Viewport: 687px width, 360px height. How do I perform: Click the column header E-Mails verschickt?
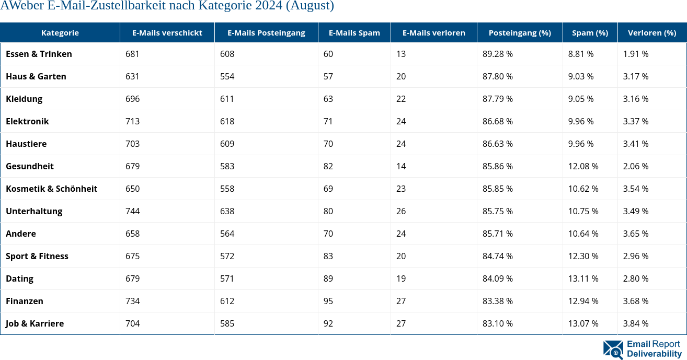pyautogui.click(x=167, y=32)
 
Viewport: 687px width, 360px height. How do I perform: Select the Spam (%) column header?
pyautogui.click(x=590, y=32)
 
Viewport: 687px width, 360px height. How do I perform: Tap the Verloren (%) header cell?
pyautogui.click(x=651, y=32)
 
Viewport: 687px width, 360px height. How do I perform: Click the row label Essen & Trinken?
pyautogui.click(x=39, y=54)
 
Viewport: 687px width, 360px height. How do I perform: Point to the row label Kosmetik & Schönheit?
pyautogui.click(x=51, y=189)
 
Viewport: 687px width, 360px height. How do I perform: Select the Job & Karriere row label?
pyautogui.click(x=35, y=323)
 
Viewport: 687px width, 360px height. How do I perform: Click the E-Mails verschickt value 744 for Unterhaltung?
pyautogui.click(x=133, y=211)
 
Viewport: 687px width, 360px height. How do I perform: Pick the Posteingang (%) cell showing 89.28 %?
pyautogui.click(x=497, y=54)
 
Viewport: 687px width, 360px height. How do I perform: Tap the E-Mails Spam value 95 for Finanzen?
pyautogui.click(x=328, y=301)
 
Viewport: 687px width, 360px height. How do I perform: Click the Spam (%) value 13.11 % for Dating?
pyautogui.click(x=583, y=278)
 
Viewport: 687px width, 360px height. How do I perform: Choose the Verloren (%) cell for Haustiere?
pyautogui.click(x=635, y=144)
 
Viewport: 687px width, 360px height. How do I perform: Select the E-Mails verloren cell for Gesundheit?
pyautogui.click(x=401, y=166)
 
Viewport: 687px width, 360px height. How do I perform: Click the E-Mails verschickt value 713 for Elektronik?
pyautogui.click(x=133, y=121)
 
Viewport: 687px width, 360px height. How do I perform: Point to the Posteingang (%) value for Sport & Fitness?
pyautogui.click(x=497, y=256)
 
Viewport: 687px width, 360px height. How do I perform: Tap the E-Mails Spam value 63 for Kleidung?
pyautogui.click(x=328, y=99)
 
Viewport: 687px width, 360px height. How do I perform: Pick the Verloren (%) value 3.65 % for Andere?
pyautogui.click(x=635, y=234)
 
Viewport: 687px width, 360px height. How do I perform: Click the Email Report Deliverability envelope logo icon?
pyautogui.click(x=613, y=350)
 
